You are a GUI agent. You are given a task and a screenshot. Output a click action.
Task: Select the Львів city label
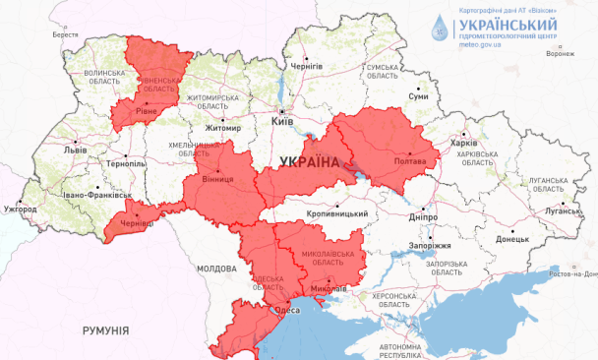point(75,150)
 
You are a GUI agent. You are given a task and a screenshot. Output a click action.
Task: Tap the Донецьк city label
point(511,238)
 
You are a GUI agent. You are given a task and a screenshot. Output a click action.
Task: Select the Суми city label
point(418,96)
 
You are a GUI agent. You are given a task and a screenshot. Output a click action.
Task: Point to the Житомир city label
point(223,128)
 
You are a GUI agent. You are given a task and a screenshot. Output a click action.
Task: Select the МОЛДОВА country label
point(216,268)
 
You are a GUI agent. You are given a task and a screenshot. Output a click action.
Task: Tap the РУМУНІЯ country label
point(106,331)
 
